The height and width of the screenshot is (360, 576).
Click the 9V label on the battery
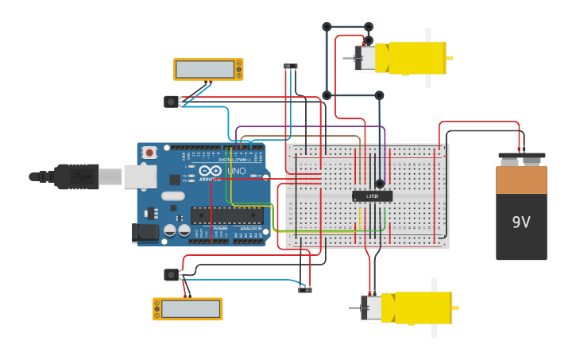coord(520,223)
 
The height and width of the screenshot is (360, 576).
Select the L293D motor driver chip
coord(372,195)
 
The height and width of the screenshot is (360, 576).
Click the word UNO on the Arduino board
coord(237,172)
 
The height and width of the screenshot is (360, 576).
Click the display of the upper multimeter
coord(204,70)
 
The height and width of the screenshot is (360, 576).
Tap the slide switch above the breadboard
coord(291,66)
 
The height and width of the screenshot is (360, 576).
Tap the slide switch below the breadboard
coord(305,290)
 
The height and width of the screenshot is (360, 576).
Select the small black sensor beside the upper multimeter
coord(171,102)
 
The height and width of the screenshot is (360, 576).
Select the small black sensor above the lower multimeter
coord(171,275)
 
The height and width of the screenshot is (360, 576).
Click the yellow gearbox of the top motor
coord(415,58)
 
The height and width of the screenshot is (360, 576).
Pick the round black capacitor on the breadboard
coord(380,184)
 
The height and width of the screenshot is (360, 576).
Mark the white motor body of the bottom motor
coord(371,308)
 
